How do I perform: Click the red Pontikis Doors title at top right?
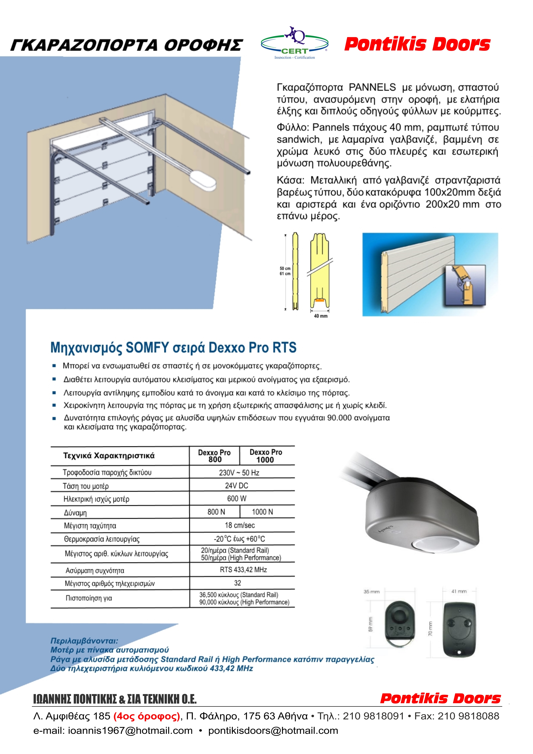(x=417, y=44)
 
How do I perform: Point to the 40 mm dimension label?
(x=320, y=316)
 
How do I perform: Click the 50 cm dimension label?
(x=285, y=268)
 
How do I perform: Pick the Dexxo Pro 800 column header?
(x=214, y=456)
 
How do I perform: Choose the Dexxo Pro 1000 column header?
(x=266, y=456)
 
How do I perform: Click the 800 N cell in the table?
(x=216, y=512)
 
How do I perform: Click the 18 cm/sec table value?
(x=239, y=525)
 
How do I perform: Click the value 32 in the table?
(x=237, y=583)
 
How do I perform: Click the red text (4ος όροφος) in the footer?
(x=147, y=716)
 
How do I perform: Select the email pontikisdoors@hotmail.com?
(x=273, y=731)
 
